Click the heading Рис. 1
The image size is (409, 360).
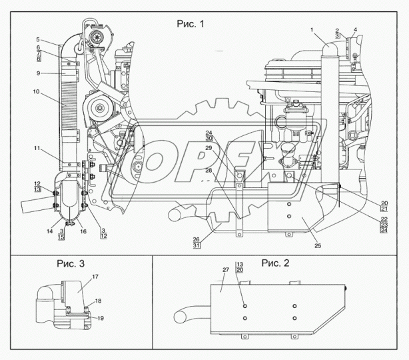click(190, 24)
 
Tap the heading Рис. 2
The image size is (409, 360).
click(276, 263)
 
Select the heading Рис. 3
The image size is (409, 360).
click(71, 264)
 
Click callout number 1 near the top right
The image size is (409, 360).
click(312, 30)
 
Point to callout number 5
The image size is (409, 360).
click(38, 40)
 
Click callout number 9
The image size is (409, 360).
click(38, 73)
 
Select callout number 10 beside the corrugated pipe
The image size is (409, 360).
click(36, 91)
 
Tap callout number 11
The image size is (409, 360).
click(37, 148)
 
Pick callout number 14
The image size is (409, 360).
click(50, 231)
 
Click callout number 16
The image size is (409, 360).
click(83, 231)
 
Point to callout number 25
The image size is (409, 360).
click(318, 245)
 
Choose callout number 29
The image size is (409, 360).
click(208, 148)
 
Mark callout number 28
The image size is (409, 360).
click(208, 171)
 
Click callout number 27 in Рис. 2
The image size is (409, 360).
click(225, 270)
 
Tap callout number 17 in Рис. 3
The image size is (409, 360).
click(95, 277)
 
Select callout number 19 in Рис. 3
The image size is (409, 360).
click(101, 318)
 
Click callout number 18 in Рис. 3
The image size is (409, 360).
click(98, 301)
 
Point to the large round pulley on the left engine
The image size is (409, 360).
click(100, 107)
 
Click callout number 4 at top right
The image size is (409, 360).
click(355, 30)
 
